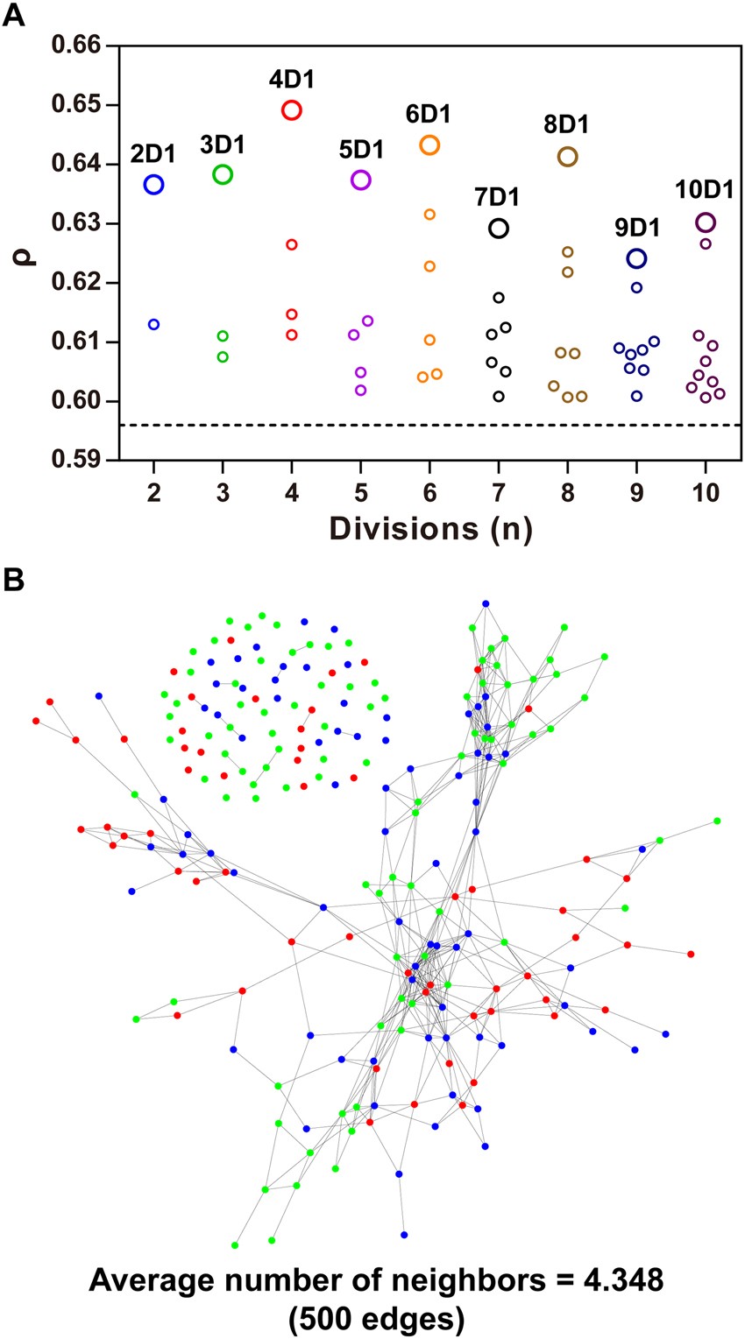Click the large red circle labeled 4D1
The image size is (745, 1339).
292,110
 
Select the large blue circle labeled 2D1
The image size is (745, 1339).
153,184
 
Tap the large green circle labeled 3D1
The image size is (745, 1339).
223,174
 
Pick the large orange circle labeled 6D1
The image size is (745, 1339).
429,145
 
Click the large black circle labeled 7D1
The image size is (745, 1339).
499,229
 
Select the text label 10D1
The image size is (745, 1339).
704,190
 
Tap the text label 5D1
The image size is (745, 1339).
360,150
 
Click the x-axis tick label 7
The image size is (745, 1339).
499,492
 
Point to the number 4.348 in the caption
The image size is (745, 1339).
614,1283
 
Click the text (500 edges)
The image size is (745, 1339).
372,1316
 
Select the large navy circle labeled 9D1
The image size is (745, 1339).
636,258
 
